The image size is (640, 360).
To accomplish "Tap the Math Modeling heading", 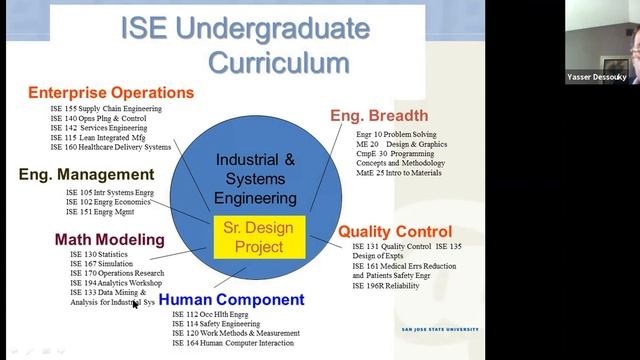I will [x=109, y=239].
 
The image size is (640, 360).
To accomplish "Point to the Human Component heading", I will [x=231, y=299].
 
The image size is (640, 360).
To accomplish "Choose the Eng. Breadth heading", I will [x=379, y=115].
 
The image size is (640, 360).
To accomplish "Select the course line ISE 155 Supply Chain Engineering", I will [x=106, y=108].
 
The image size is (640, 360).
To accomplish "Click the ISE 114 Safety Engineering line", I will [x=217, y=324].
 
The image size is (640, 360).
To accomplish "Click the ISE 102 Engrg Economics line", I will [x=108, y=201].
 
